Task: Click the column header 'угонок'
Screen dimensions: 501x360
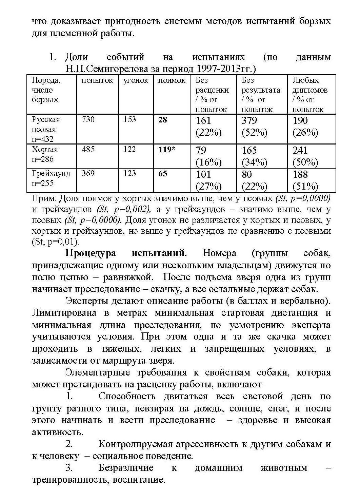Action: [x=136, y=80]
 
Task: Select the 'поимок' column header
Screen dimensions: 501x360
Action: [x=172, y=80]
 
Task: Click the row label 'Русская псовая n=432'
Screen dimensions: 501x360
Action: [x=46, y=129]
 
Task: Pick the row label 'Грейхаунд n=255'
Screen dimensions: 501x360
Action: [x=51, y=178]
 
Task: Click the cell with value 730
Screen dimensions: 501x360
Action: [x=88, y=119]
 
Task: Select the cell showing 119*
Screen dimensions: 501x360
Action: [x=167, y=150]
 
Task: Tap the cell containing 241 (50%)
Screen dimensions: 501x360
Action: [x=305, y=156]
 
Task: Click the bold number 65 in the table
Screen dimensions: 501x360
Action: [x=163, y=174]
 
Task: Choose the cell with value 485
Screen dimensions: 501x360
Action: [x=88, y=149]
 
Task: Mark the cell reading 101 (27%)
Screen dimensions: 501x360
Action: [x=208, y=180]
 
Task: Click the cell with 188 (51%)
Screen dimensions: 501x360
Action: [x=305, y=180]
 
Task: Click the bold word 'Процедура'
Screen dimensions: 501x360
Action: [x=91, y=253]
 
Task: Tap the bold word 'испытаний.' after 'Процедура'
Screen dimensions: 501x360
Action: [x=159, y=253]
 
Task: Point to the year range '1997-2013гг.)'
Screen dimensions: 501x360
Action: [x=225, y=69]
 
